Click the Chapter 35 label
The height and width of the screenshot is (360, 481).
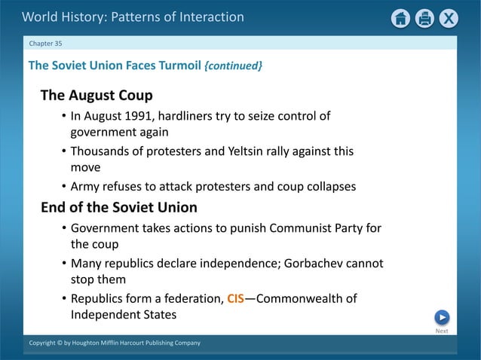pyautogui.click(x=46, y=43)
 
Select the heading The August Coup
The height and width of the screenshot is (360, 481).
pyautogui.click(x=97, y=96)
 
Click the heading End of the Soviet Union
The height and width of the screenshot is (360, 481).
pyautogui.click(x=119, y=207)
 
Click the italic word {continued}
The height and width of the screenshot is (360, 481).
pyautogui.click(x=234, y=66)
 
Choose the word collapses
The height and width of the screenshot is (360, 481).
pyautogui.click(x=331, y=186)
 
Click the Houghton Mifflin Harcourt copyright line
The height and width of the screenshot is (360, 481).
pyautogui.click(x=115, y=343)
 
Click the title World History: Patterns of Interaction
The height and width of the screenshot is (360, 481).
pyautogui.click(x=133, y=17)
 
